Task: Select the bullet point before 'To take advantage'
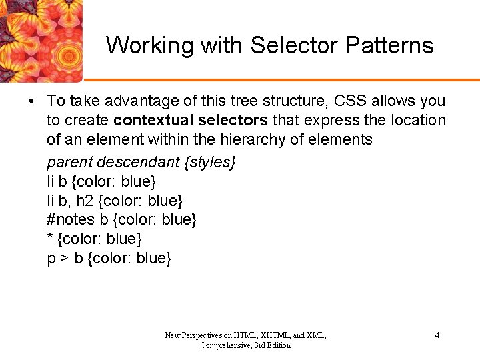[31, 101]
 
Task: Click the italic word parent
[69, 162]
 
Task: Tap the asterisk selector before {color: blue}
[50, 239]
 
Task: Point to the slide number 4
[437, 335]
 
